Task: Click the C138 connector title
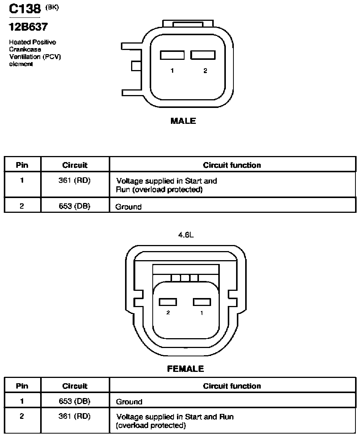[25, 9]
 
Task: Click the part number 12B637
[28, 27]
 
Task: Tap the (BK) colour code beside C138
[52, 8]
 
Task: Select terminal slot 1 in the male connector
[172, 55]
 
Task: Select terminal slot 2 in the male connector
[203, 55]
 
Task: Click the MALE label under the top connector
[183, 121]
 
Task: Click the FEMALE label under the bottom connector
[185, 369]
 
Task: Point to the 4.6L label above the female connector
[186, 235]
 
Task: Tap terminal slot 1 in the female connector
[202, 302]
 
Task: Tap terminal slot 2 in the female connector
[168, 302]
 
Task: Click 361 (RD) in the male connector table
[74, 181]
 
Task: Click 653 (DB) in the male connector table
[74, 206]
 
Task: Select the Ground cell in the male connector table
[128, 207]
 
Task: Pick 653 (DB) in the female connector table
[74, 401]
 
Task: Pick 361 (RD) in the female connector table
[74, 416]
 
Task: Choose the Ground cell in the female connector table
[129, 402]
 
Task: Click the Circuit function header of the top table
[232, 165]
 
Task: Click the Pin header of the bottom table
[22, 386]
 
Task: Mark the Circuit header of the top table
[75, 165]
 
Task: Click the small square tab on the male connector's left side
[136, 66]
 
